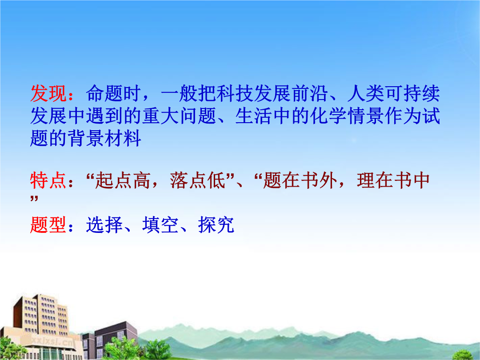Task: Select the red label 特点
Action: tap(48, 180)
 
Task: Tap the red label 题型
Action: tap(48, 225)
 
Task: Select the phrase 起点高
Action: tap(123, 180)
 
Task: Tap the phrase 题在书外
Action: tap(300, 180)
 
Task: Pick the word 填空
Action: tap(160, 225)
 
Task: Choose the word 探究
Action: tap(216, 225)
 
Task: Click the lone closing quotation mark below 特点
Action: tap(34, 199)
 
